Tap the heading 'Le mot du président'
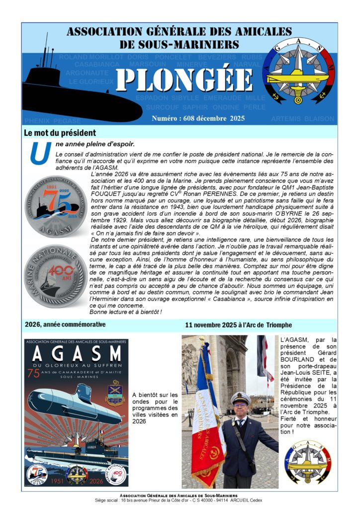coord(60,133)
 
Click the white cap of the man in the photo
coord(240,398)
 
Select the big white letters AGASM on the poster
coord(76,354)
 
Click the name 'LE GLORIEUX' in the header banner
coord(91,82)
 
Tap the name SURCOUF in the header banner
coord(162,107)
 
